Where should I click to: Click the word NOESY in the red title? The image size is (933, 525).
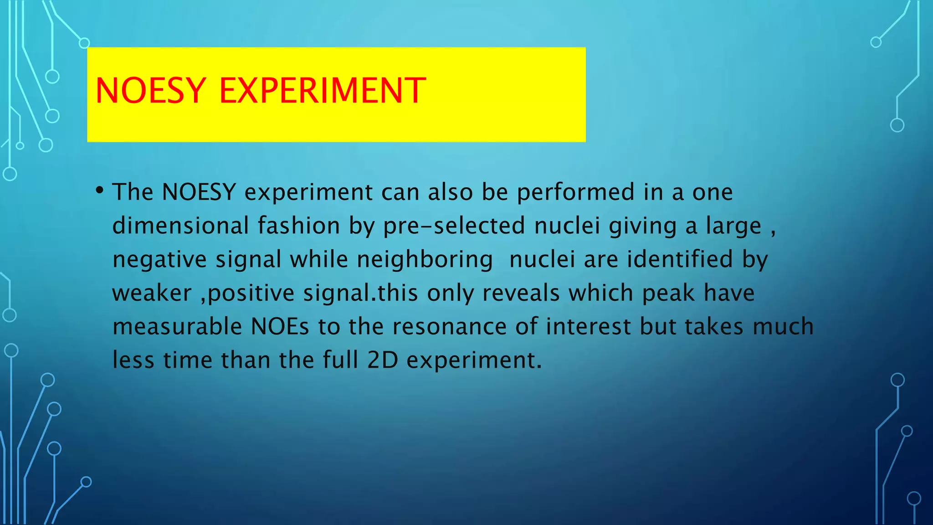[x=151, y=91]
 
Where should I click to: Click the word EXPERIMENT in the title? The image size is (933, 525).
[x=323, y=91]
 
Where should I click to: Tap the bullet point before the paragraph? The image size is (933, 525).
[x=100, y=190]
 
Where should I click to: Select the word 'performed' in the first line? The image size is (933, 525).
[x=575, y=192]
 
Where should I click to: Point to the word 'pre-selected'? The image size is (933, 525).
[x=454, y=226]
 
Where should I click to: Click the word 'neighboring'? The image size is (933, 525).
[x=425, y=259]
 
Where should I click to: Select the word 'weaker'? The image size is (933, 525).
[x=152, y=293]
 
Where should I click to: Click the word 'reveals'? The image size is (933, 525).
[x=521, y=293]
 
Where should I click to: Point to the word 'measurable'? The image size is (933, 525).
[x=177, y=327]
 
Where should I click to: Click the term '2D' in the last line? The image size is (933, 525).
[x=383, y=360]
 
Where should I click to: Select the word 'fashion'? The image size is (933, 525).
[x=299, y=226]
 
